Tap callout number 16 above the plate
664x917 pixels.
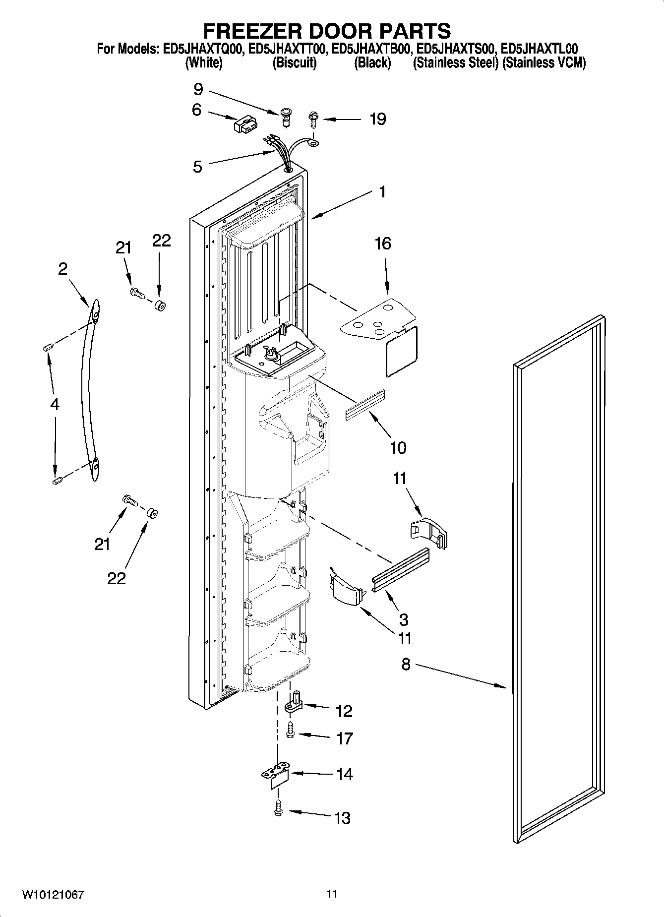[x=383, y=244]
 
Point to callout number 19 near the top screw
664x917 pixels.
[x=377, y=120]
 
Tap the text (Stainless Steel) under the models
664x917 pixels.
[x=455, y=63]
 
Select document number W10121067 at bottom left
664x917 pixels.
[x=53, y=894]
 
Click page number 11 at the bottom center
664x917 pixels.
[x=332, y=894]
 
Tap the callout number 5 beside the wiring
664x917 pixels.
[x=197, y=167]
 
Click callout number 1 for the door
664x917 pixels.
[x=382, y=191]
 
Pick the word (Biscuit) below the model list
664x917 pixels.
[x=295, y=63]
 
